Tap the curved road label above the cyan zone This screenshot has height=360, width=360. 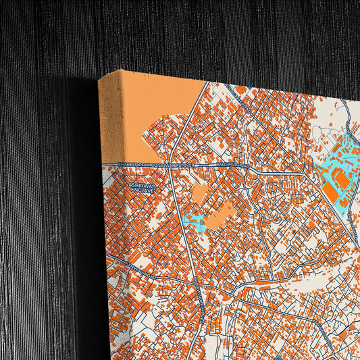tap(349, 128)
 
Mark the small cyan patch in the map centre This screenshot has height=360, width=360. tap(194, 220)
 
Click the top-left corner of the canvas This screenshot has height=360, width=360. tap(99, 80)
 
